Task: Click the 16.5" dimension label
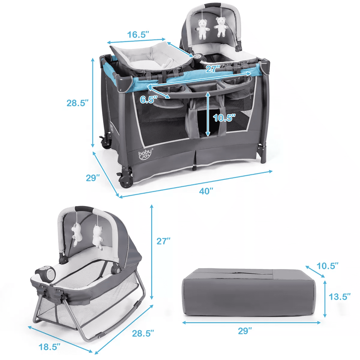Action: [x=138, y=34]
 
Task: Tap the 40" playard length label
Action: [x=206, y=191]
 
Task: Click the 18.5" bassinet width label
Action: [x=49, y=347]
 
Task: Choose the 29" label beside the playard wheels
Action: [x=93, y=178]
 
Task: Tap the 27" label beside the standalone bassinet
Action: [x=163, y=241]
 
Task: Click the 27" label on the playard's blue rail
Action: [x=214, y=69]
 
